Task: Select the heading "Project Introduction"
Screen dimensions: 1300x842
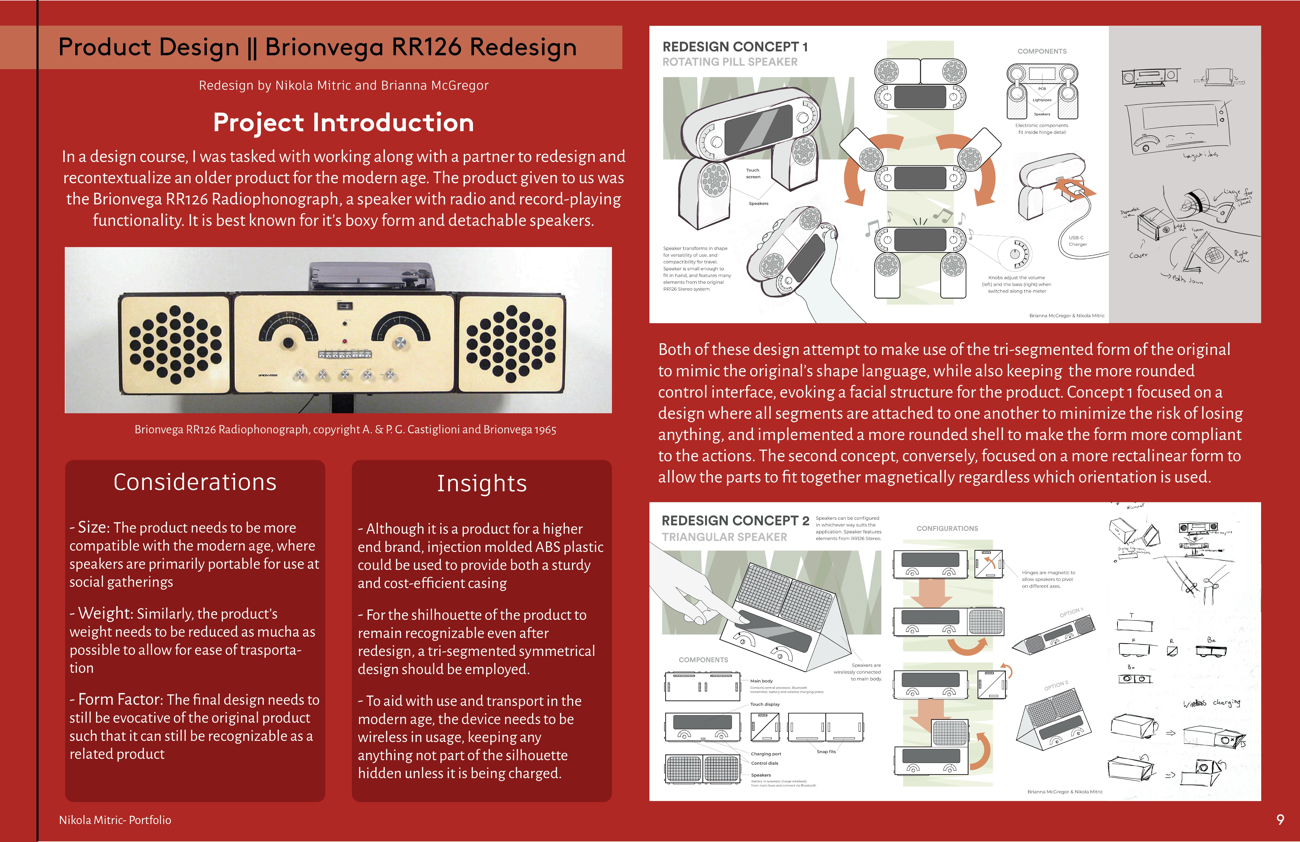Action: [x=343, y=122]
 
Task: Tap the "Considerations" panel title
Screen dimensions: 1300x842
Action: [x=195, y=482]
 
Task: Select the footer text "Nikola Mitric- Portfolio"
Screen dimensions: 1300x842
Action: [x=115, y=820]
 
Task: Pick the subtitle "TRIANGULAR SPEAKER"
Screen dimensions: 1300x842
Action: [x=724, y=537]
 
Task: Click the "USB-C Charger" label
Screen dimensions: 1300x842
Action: [x=1077, y=241]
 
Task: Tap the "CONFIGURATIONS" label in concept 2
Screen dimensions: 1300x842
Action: [x=947, y=528]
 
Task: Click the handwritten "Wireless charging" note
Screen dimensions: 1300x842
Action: [x=1211, y=703]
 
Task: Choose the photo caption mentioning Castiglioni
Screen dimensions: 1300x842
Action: [x=345, y=430]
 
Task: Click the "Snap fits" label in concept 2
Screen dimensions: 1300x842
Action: [x=826, y=752]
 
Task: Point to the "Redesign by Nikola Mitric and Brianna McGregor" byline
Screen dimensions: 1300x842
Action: [x=344, y=85]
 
